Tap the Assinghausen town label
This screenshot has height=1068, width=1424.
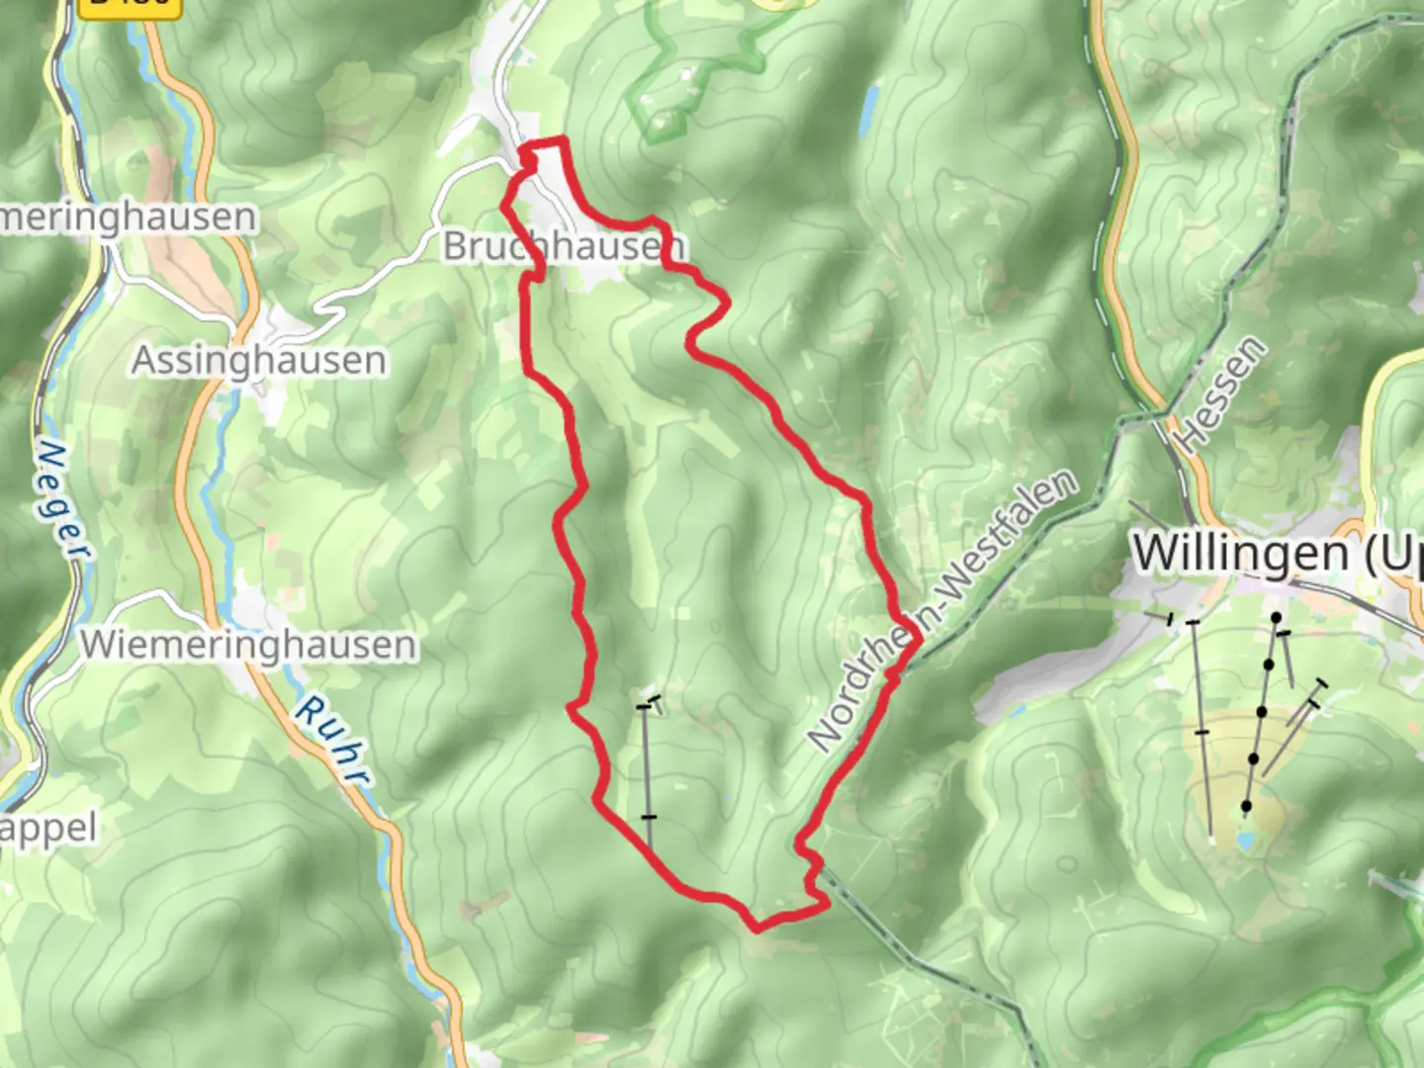point(259,360)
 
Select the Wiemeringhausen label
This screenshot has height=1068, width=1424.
point(248,645)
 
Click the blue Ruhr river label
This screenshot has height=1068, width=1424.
point(331,740)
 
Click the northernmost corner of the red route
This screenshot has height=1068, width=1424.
point(564,140)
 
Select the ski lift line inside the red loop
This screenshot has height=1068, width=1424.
point(647,771)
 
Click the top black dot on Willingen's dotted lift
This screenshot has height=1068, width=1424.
point(1276,618)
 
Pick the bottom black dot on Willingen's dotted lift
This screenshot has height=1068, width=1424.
point(1246,807)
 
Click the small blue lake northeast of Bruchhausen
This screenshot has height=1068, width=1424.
point(869,109)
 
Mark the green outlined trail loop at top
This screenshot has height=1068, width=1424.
point(692,69)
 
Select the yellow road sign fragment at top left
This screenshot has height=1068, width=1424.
point(132,6)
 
